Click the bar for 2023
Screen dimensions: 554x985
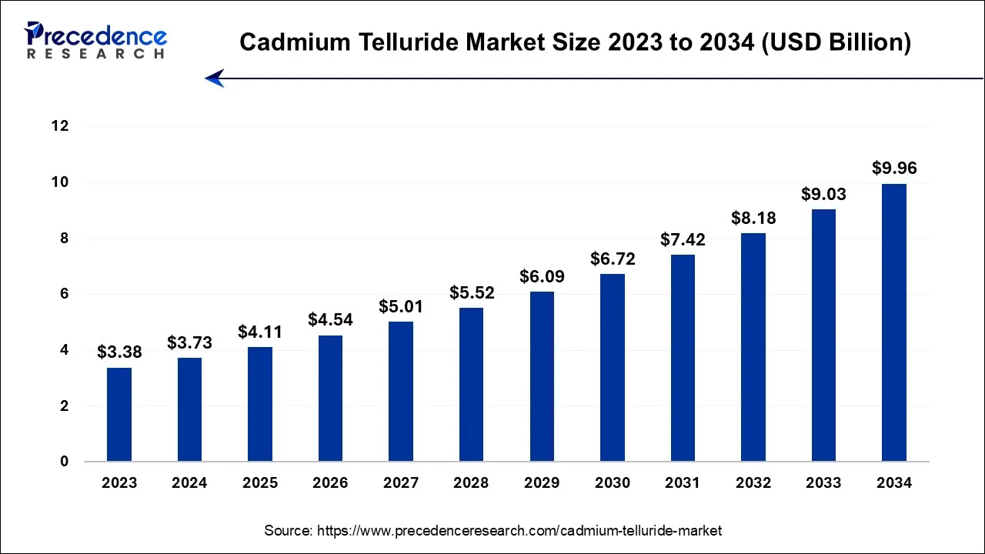tap(119, 415)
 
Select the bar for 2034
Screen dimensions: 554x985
tap(893, 322)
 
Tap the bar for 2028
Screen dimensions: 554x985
tap(471, 385)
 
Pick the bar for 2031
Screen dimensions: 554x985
tap(683, 358)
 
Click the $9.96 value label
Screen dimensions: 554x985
tap(893, 168)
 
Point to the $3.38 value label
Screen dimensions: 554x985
tap(119, 352)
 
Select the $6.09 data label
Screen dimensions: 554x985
tap(542, 275)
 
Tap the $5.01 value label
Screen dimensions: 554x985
tap(401, 306)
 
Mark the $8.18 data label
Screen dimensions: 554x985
tap(753, 218)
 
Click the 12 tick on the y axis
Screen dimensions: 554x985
tap(60, 126)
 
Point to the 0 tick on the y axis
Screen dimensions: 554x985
tap(65, 462)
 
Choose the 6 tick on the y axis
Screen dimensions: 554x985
tap(65, 294)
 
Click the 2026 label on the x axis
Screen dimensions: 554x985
tap(330, 483)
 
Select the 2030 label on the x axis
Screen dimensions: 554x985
tap(612, 483)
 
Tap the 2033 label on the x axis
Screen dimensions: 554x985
tap(823, 483)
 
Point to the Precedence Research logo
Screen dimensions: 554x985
tap(95, 40)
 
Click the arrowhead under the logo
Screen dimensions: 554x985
tap(214, 78)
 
